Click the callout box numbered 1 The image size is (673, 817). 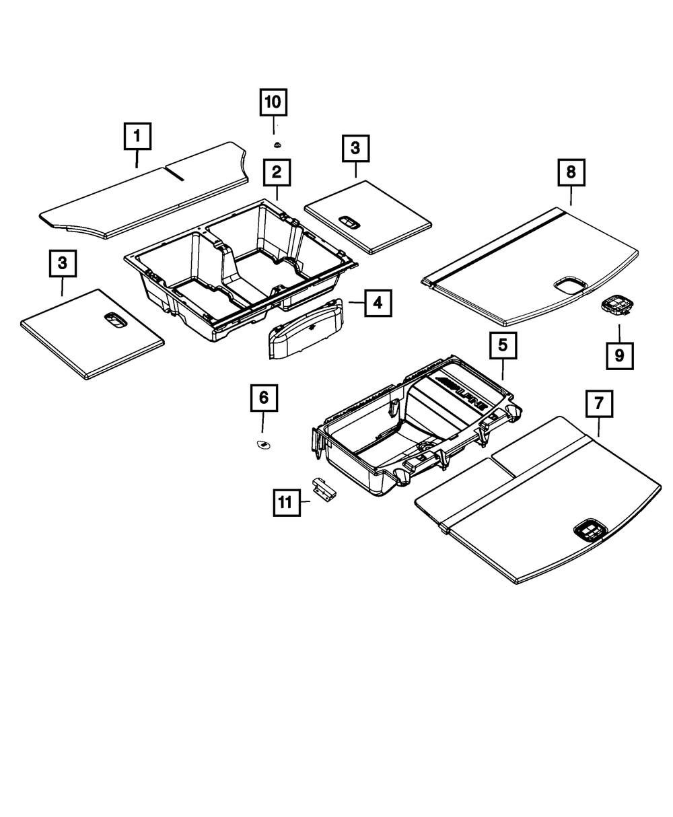click(x=137, y=137)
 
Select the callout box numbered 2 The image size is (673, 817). click(x=277, y=173)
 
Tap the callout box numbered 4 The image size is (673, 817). click(x=378, y=303)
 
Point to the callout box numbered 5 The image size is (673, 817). click(x=503, y=347)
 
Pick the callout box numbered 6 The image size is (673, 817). click(x=263, y=398)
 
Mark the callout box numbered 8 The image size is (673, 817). click(x=571, y=173)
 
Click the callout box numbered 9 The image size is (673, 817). click(x=619, y=355)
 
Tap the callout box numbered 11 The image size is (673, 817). click(x=287, y=501)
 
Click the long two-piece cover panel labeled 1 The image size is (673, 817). click(x=145, y=192)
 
